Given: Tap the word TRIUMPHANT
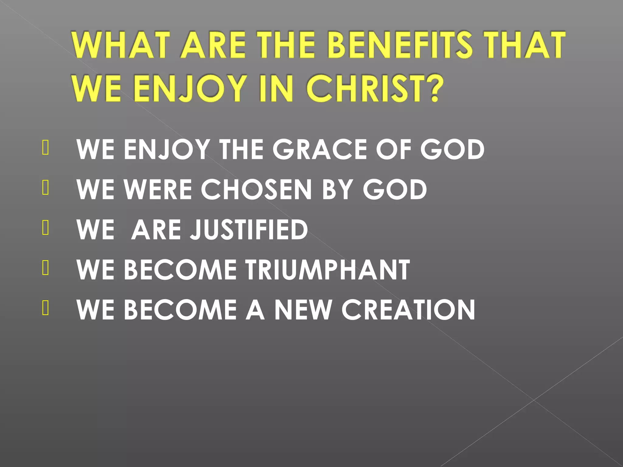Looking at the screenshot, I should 328,270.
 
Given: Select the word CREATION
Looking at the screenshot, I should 408,310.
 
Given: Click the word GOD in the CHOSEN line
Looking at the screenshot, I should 395,189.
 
